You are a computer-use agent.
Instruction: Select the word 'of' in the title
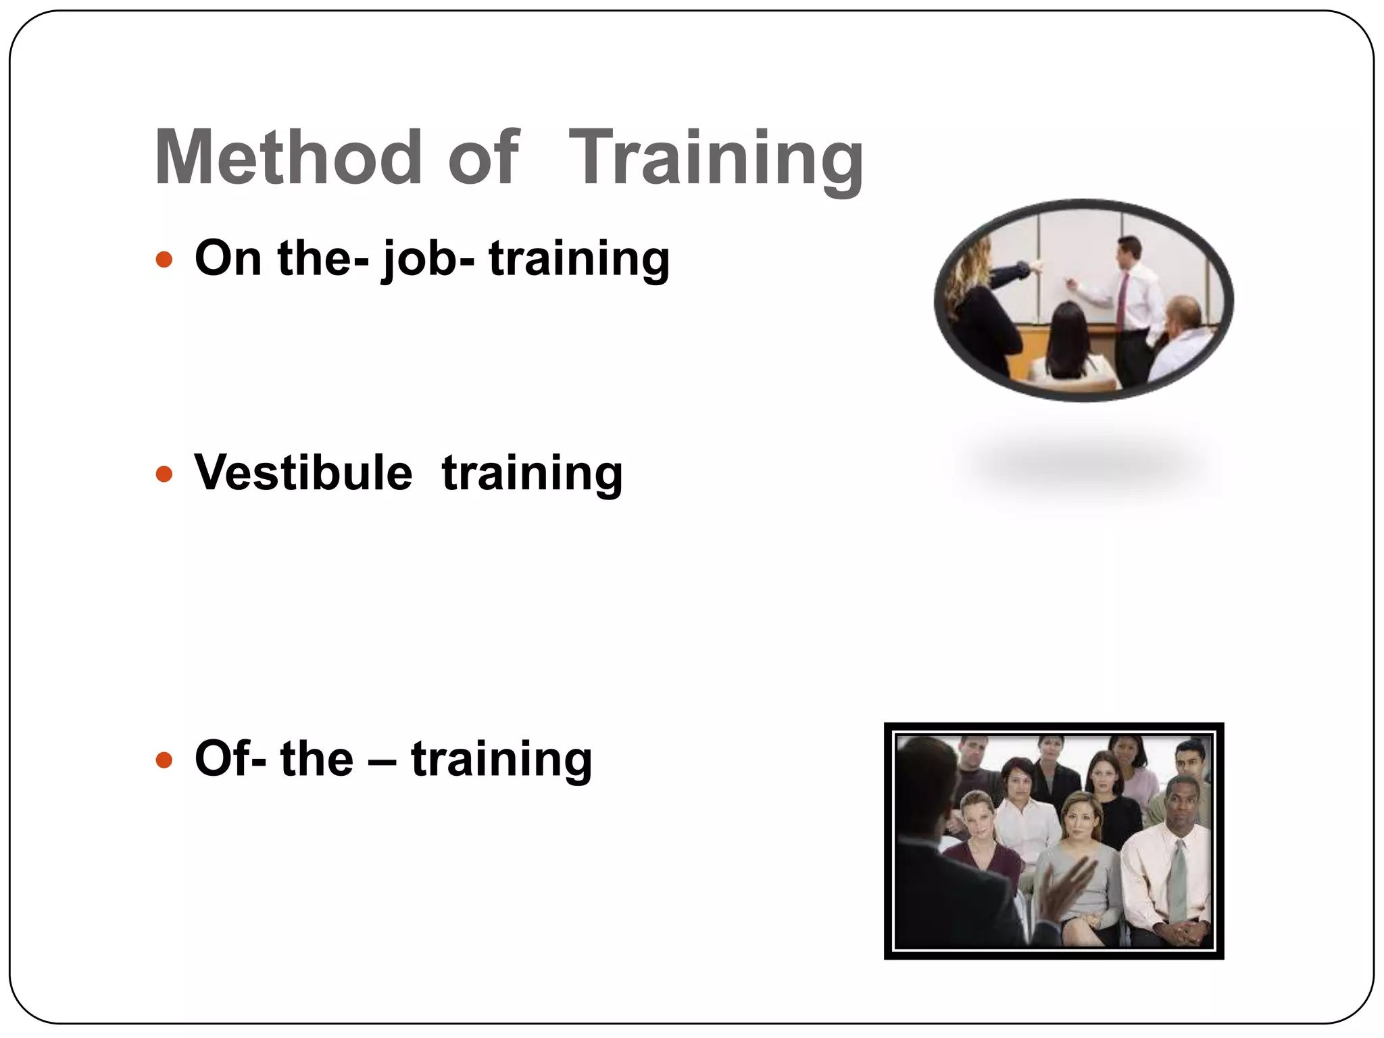483,157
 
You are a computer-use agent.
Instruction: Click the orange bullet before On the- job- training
164,259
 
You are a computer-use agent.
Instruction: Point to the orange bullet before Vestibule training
164,474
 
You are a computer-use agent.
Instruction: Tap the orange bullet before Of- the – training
164,760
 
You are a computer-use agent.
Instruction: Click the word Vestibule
303,472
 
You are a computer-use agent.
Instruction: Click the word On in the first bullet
228,258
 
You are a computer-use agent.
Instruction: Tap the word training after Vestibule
532,474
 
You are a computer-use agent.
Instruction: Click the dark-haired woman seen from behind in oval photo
1068,345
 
